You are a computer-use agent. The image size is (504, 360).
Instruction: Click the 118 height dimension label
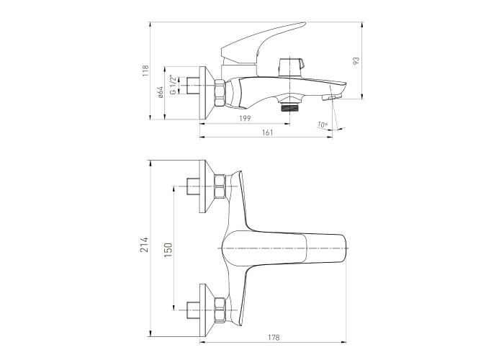146,71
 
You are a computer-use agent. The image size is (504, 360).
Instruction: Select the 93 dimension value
356,61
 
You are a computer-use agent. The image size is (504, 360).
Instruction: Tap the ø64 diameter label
161,92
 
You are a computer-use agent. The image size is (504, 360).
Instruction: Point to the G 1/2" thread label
173,85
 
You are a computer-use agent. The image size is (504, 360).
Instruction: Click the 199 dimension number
245,118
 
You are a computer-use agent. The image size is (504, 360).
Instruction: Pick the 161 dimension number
267,132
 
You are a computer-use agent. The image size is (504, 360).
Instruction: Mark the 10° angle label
323,125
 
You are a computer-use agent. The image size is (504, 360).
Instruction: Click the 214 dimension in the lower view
144,245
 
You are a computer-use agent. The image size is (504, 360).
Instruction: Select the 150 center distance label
168,250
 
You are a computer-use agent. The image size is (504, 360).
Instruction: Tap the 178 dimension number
274,338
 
